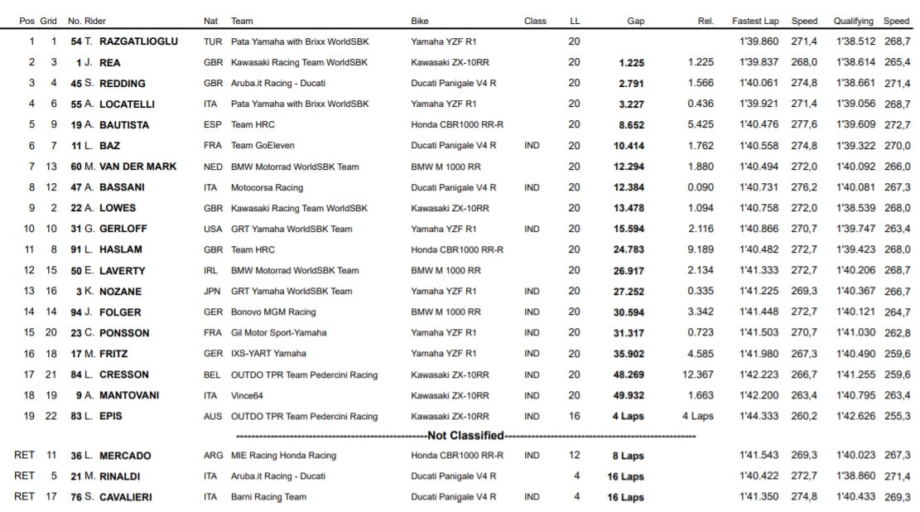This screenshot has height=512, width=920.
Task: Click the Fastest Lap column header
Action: (x=755, y=21)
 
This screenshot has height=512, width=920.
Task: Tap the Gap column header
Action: (x=635, y=21)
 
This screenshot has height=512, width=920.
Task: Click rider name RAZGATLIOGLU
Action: (x=138, y=41)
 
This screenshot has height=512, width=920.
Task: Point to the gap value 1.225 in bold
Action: (x=631, y=62)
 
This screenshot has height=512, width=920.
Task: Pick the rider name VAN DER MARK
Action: (x=137, y=167)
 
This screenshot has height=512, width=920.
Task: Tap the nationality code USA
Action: (x=212, y=229)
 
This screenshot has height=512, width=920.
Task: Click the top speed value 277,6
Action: (x=804, y=124)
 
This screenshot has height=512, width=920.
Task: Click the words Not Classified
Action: (x=465, y=436)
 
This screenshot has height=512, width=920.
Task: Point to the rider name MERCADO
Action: (x=125, y=456)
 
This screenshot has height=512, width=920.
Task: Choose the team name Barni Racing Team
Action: (x=268, y=497)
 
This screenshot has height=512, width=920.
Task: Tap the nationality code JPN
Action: (x=212, y=291)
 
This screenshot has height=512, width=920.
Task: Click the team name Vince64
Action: (x=247, y=395)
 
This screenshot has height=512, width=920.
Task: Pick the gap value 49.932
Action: (x=629, y=395)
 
